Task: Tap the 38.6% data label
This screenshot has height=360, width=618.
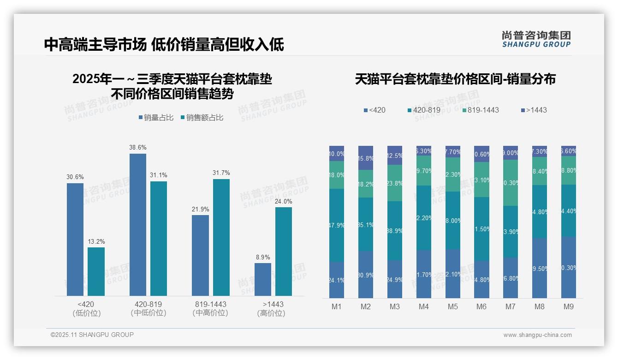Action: coord(138,148)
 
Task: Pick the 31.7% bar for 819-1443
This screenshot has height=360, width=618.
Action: coord(221,237)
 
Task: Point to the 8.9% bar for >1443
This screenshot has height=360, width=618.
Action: coord(263,279)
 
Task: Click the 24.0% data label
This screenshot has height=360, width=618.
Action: coord(284,201)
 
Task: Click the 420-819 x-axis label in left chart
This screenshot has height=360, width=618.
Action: coord(148,305)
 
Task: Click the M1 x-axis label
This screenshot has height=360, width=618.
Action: coord(337,306)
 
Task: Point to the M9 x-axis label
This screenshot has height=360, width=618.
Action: coord(568,306)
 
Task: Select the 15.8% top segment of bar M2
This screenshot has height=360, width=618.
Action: coord(366,158)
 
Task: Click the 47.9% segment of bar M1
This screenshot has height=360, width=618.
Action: coord(337,225)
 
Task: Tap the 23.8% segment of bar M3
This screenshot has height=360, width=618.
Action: coord(395,183)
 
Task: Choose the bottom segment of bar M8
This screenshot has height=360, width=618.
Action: coord(540,268)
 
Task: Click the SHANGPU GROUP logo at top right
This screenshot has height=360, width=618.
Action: coord(536,39)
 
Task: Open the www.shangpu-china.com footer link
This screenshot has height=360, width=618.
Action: coord(537,335)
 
